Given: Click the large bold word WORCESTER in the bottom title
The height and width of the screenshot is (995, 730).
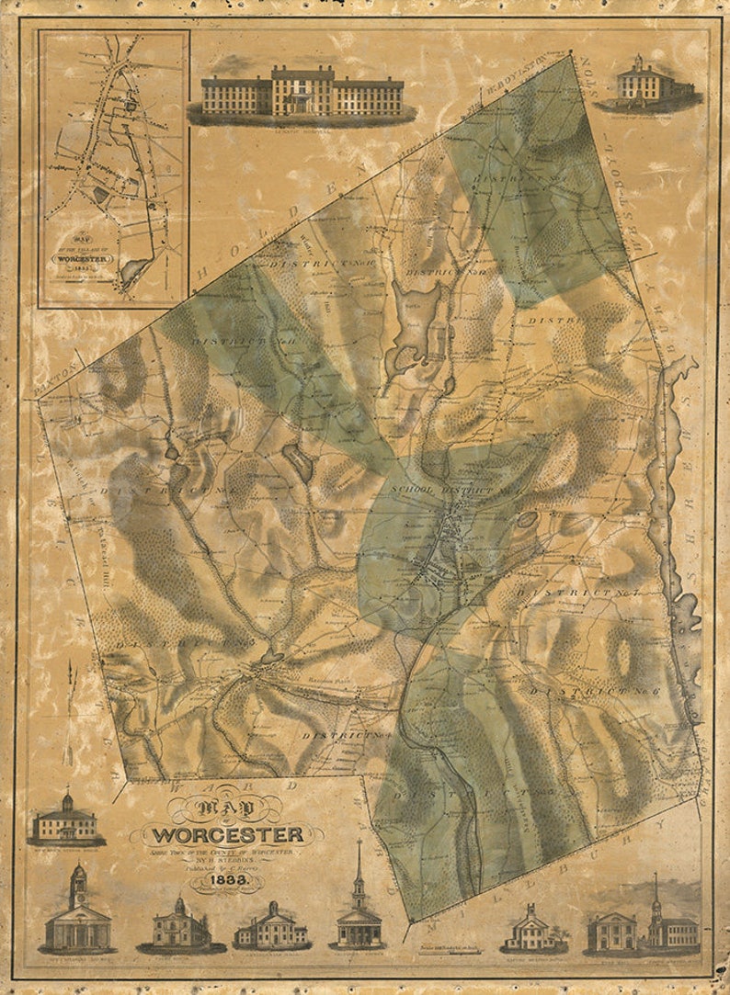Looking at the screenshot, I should coord(227,835).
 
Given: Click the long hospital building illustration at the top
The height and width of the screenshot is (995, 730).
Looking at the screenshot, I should coord(302,95).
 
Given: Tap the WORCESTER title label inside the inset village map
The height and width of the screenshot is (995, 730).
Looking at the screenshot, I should coord(84,259).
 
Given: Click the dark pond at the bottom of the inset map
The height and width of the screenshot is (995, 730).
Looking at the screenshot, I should coord(134,269).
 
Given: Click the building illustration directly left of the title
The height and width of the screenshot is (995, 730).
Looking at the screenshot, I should coord(65,820).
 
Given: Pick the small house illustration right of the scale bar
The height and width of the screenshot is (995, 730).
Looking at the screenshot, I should coord(532,928).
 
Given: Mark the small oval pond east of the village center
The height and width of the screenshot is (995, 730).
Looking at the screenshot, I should coord(527,520).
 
